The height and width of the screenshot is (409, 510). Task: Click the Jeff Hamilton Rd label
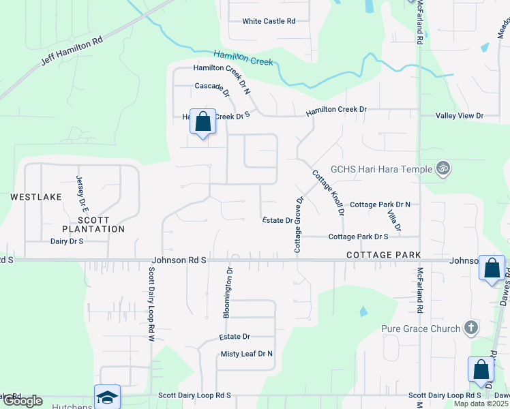(x=72, y=50)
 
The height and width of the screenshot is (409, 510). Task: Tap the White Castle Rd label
(x=269, y=21)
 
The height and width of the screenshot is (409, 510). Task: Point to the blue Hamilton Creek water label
(x=243, y=57)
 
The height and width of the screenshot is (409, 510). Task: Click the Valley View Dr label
(x=460, y=116)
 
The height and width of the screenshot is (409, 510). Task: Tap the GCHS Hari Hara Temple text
(x=381, y=169)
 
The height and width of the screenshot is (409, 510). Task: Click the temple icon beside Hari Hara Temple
(x=443, y=168)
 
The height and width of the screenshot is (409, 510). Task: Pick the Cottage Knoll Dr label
(x=328, y=193)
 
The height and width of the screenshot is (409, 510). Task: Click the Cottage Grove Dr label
(x=298, y=225)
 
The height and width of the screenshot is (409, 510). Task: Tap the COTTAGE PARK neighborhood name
(x=382, y=254)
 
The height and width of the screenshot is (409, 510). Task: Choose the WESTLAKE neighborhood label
(x=36, y=196)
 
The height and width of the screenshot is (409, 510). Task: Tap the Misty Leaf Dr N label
(x=246, y=354)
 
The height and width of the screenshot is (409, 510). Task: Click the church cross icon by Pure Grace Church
(x=470, y=329)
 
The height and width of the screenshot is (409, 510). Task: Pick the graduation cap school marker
(x=108, y=397)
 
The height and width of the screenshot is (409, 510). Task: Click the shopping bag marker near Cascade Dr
(x=202, y=123)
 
